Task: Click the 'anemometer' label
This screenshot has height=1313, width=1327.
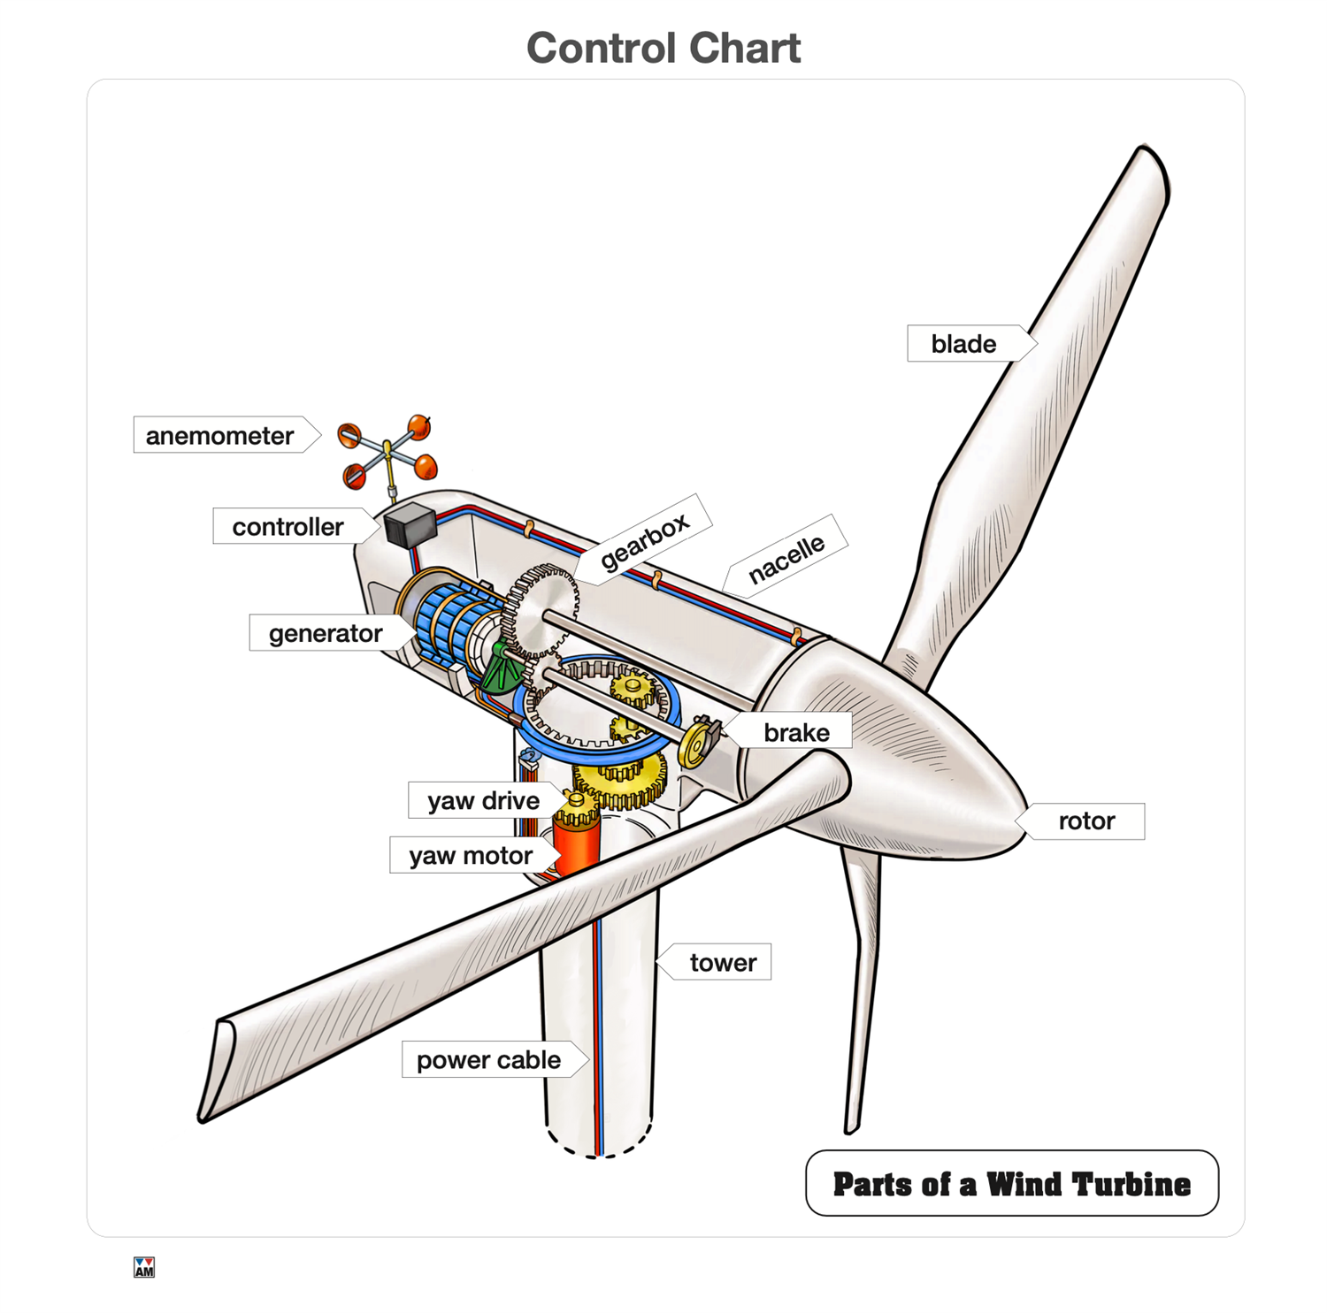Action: pos(219,435)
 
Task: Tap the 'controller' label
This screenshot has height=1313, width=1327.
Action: pos(288,526)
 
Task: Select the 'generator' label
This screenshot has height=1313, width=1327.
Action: pos(325,633)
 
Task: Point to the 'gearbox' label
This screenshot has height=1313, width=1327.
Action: pos(644,539)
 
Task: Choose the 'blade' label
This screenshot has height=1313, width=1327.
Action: pos(963,343)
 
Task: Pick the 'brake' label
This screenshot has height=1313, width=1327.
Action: pos(796,732)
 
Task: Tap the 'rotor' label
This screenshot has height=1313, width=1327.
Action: pos(1086,821)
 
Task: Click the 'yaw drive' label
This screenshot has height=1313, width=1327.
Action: pos(483,800)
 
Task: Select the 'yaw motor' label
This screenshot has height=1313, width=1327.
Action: pos(471,855)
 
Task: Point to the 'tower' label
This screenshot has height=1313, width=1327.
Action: pos(723,962)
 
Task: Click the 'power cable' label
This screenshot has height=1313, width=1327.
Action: pos(488,1059)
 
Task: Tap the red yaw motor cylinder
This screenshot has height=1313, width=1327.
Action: pos(575,844)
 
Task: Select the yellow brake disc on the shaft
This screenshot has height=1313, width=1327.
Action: pos(697,743)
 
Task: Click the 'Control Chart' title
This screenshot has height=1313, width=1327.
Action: pos(663,48)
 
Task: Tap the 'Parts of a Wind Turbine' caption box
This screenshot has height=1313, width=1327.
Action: pos(1011,1183)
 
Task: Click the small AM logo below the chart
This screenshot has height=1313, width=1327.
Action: pos(144,1267)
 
